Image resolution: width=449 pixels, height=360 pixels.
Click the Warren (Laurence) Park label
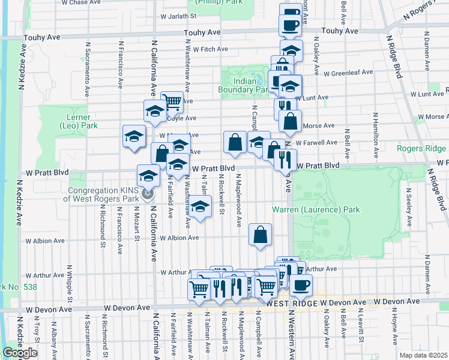316,209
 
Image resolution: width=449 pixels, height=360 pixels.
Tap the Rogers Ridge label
421,148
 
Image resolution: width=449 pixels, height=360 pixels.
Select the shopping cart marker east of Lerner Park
172,101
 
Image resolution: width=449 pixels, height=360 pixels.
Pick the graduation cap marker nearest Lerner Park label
134,136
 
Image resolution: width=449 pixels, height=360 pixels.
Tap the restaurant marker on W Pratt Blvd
285,158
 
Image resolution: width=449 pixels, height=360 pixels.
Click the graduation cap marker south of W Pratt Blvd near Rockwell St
202,207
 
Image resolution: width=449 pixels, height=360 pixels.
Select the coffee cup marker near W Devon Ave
301,284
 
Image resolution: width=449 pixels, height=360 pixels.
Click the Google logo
20,353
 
